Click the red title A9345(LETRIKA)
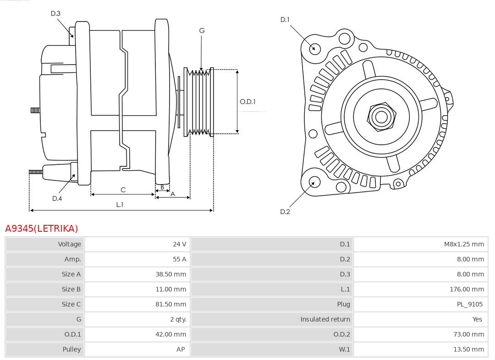pos(42,228)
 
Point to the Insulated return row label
pos(325,319)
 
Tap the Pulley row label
pos(71,349)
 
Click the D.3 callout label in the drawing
pos(55,14)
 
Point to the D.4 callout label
pos(57,198)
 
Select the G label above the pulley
pos(202,31)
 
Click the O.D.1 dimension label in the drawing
pos(248,102)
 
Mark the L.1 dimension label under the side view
pos(120,204)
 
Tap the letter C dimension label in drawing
pos(123,190)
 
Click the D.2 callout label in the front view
pos(285,212)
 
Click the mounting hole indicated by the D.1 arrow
pos(315,48)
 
